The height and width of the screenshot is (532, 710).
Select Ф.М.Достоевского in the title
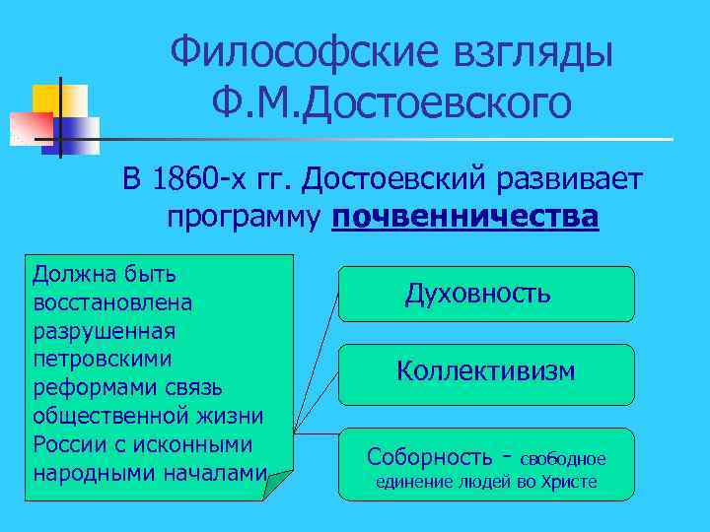[390, 103]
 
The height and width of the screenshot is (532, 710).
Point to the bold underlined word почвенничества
[465, 217]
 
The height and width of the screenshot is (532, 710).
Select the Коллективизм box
[485, 371]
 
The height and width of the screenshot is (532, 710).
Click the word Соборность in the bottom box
[429, 457]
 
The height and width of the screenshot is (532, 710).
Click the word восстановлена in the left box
[113, 299]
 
